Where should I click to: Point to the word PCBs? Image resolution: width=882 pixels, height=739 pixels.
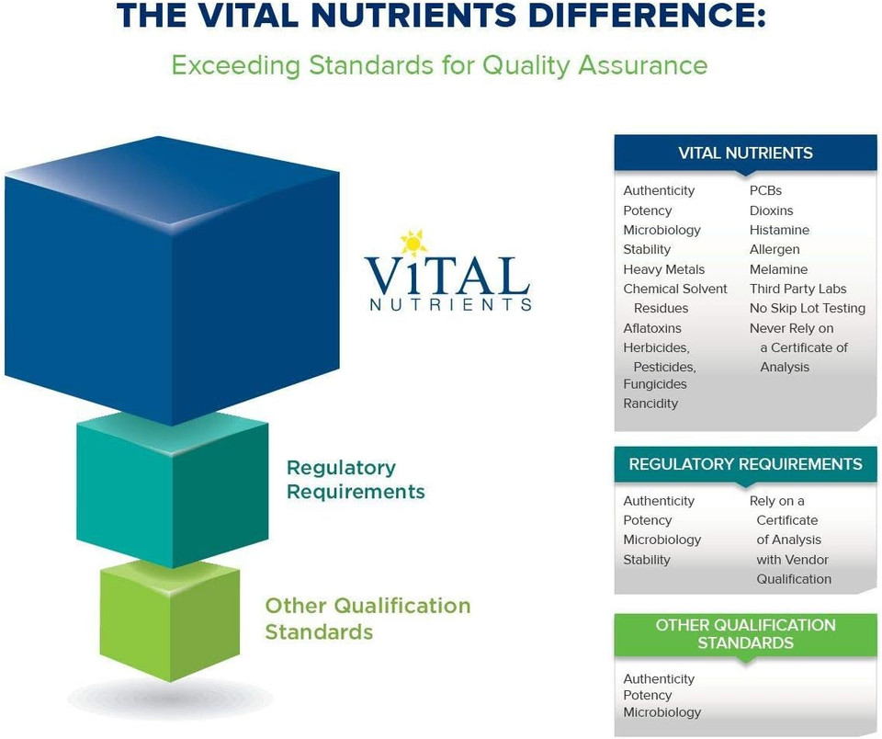pyautogui.click(x=765, y=190)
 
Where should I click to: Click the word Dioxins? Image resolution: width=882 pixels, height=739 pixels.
pyautogui.click(x=771, y=210)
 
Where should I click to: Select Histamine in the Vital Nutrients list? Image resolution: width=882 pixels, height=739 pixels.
pyautogui.click(x=779, y=230)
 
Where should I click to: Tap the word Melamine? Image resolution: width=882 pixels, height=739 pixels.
pyautogui.click(x=778, y=269)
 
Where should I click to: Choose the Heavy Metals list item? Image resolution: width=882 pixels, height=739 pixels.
pyautogui.click(x=663, y=269)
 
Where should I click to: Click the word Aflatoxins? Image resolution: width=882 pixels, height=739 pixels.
pyautogui.click(x=652, y=328)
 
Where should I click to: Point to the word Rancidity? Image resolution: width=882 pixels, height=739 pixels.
pyautogui.click(x=650, y=404)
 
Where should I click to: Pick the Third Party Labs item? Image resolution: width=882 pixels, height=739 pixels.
pyautogui.click(x=797, y=289)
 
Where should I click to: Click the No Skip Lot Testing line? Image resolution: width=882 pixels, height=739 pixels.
pyautogui.click(x=807, y=308)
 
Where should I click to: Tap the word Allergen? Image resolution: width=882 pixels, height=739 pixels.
pyautogui.click(x=775, y=249)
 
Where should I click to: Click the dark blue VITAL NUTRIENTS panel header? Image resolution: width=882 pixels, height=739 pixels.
pyautogui.click(x=745, y=153)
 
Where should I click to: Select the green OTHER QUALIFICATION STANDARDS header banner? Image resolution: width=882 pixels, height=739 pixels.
pyautogui.click(x=745, y=634)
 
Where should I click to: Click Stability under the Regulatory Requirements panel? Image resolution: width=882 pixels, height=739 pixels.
pyautogui.click(x=647, y=560)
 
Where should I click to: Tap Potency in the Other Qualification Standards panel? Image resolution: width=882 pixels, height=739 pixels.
pyautogui.click(x=647, y=696)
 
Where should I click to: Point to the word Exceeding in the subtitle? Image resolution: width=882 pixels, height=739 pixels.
pyautogui.click(x=236, y=66)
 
